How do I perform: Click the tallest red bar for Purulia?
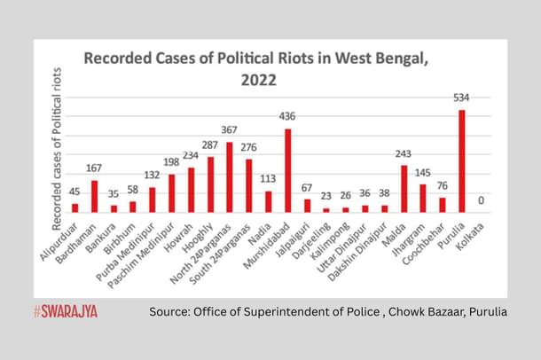pos(462,160)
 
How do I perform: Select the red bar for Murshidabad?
pos(287,170)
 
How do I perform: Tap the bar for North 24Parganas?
pos(230,176)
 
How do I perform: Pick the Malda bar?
pos(404,188)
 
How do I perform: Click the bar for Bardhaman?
pos(94,196)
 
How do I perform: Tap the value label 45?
pos(74,191)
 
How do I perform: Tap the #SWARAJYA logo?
pos(66,311)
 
